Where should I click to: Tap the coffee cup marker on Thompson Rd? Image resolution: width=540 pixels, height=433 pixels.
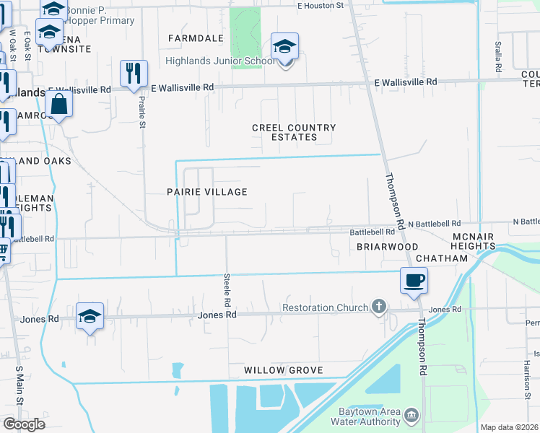[414, 280]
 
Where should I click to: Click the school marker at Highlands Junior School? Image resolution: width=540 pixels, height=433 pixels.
[284, 48]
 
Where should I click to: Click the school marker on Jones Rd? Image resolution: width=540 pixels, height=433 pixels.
[90, 316]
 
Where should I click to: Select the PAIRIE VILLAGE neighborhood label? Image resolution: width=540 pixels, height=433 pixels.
[207, 192]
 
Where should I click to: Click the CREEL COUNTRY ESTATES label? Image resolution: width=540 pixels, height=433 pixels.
[294, 132]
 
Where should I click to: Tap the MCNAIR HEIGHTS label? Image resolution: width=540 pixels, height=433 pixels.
[474, 242]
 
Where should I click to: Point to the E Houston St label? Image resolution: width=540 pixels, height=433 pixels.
[321, 6]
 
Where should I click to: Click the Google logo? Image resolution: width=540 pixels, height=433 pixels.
[24, 424]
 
